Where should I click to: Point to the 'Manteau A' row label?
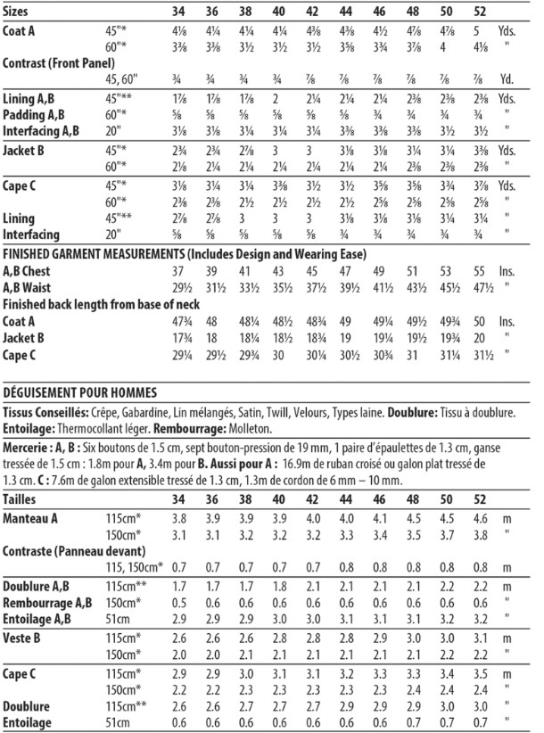[31, 518]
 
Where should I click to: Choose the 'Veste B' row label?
[23, 638]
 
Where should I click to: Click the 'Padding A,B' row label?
[33, 115]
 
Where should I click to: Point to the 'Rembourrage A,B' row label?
[43, 604]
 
